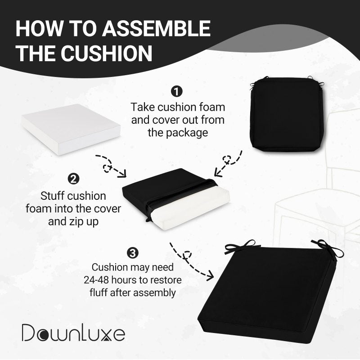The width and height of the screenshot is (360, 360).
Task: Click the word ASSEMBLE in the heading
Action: pos(156,28)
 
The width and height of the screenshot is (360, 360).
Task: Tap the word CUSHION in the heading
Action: pos(106,53)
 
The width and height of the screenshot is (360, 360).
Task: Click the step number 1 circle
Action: pos(176,91)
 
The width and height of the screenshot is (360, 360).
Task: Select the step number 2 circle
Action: pos(73,179)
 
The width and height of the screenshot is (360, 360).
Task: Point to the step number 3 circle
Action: pos(133,253)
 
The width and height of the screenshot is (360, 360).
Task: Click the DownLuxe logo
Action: pos(73,333)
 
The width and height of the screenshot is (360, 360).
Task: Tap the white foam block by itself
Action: pos(71,129)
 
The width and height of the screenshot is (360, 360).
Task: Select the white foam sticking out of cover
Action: pos(190,208)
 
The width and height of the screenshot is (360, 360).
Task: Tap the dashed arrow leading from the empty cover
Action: pos(228,162)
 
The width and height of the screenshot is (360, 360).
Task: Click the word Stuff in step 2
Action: pos(52,196)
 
